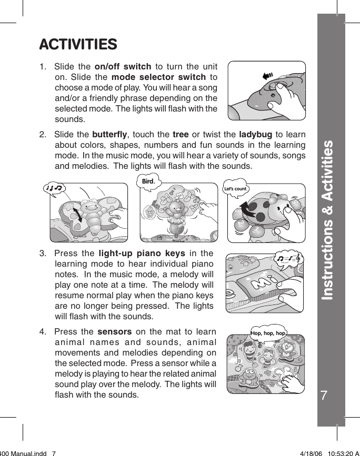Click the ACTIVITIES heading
(x=78, y=44)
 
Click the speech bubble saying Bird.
(x=148, y=182)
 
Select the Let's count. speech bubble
(x=235, y=189)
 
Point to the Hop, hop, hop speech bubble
(x=268, y=333)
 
